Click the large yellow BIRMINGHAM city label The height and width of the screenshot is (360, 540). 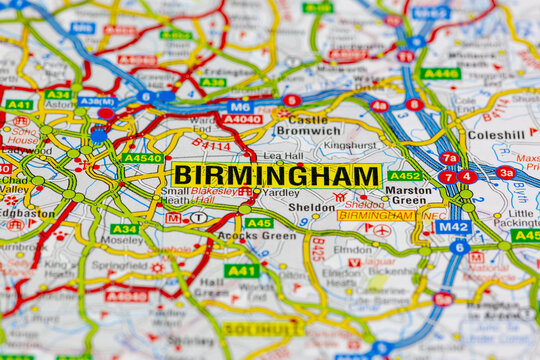point(276,175)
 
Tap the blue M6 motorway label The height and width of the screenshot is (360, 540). point(239,106)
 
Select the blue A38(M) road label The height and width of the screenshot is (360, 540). point(97,102)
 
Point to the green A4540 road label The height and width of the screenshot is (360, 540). point(141,158)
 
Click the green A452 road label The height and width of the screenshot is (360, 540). point(404,175)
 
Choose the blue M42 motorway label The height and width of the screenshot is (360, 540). point(452,227)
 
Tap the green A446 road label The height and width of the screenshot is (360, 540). point(440,73)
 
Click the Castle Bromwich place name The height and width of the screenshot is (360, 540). point(307,125)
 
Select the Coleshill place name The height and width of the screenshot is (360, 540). point(496,134)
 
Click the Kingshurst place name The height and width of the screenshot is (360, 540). point(350,145)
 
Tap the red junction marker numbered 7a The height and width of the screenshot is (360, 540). point(449,158)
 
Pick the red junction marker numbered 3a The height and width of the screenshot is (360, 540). point(506,172)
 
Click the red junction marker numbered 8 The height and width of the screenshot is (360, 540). point(414,104)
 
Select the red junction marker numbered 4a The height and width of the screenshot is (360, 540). point(379,105)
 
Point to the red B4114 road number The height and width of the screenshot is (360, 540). point(210,146)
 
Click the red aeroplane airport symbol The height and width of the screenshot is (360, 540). point(381,231)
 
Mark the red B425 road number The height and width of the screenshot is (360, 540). point(318,248)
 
